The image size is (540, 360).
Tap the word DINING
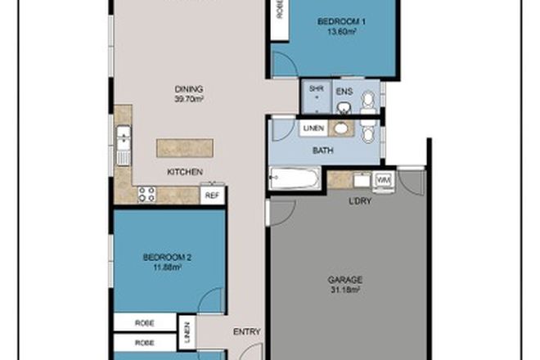point(187,90)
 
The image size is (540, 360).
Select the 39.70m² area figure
point(187,100)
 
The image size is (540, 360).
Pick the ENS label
point(345,92)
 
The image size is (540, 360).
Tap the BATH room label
point(323,151)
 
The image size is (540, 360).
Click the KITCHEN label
point(184,172)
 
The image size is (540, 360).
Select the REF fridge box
point(212,196)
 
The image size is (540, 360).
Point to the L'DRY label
point(361,200)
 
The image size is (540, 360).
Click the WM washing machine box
point(382,179)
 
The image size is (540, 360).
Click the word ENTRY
point(247,331)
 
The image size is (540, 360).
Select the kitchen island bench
point(185,148)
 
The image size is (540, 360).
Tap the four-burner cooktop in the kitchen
point(146,194)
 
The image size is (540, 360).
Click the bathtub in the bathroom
point(294,177)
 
